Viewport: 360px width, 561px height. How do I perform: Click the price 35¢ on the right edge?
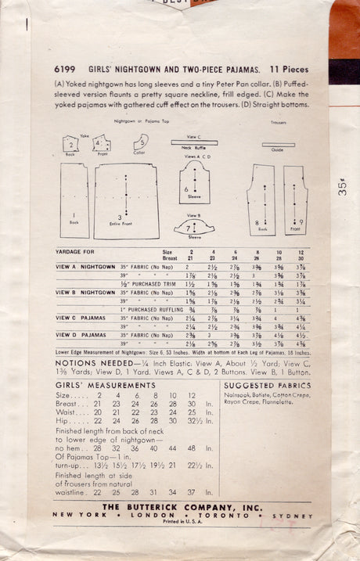344,192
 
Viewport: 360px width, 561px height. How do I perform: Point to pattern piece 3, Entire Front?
127,201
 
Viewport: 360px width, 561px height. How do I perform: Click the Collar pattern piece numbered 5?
142,144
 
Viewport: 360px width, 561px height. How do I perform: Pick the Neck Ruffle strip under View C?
194,142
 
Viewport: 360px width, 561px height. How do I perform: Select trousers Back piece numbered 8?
261,201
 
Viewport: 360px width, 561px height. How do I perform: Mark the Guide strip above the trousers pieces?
278,145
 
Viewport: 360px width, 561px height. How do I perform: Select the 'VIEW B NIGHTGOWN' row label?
85,291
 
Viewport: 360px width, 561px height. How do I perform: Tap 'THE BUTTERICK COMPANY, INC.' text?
185,508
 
